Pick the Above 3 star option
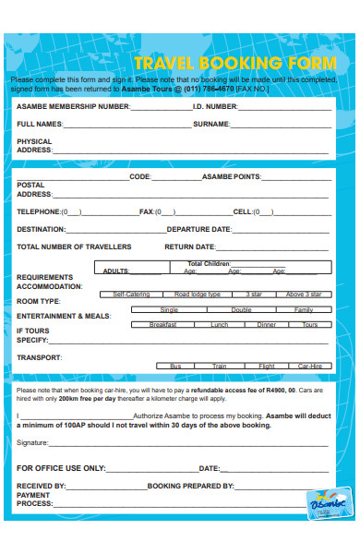pos(304,295)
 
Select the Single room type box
pos(169,310)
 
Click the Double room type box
pos(241,310)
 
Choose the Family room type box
pos(304,310)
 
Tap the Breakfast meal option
pos(162,325)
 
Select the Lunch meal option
pos(219,325)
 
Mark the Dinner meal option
pos(266,325)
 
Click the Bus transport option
pos(175,367)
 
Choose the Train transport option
pos(220,367)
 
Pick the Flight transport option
pos(266,367)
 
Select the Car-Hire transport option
pos(309,367)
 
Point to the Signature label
pos(33,443)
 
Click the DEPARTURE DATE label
pos(198,229)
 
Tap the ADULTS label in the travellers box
pos(116,271)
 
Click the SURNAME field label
pos(210,123)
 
